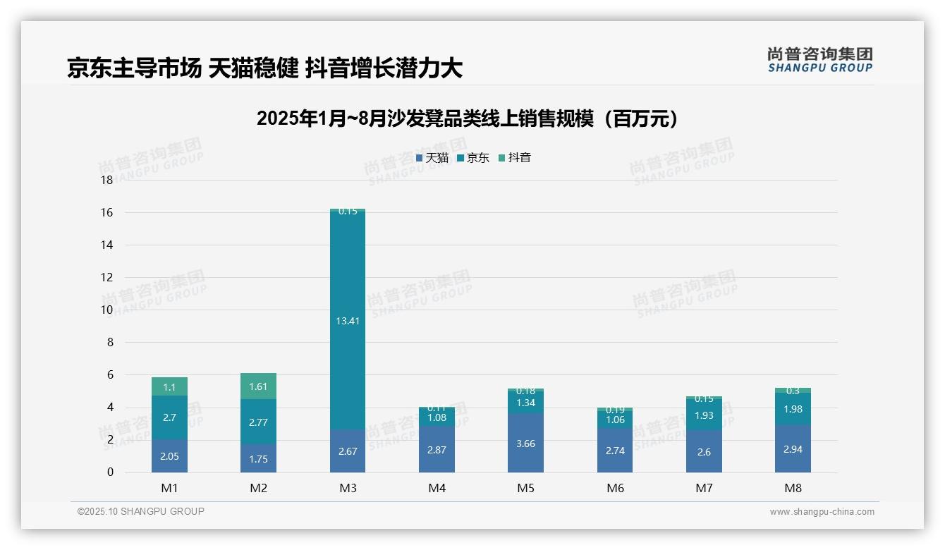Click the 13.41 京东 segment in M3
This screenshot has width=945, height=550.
pos(348,320)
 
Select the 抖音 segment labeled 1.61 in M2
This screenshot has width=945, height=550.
pos(259,386)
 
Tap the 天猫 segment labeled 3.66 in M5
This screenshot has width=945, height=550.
pos(525,443)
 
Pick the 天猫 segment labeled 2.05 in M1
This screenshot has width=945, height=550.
pos(169,456)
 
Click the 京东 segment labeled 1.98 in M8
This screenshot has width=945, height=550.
pos(793,409)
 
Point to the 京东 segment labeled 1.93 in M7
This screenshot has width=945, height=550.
pos(704,415)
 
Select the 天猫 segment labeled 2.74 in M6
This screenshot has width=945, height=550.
pos(614,450)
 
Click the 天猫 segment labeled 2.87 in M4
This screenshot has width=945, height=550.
pos(437,449)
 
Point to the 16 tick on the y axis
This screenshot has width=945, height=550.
pos(107,212)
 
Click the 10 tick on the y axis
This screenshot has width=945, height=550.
pos(107,310)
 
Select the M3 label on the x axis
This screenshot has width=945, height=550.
pos(348,488)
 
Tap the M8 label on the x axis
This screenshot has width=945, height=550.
pos(793,488)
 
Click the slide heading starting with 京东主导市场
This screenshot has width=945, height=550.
pos(264,68)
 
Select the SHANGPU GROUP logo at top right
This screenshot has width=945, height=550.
pos(820,60)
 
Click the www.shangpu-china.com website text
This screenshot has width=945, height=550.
pos(822,512)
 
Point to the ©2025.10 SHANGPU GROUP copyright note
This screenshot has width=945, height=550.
pos(141,512)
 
